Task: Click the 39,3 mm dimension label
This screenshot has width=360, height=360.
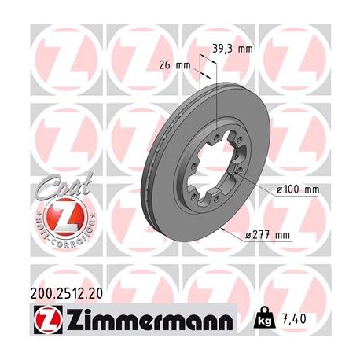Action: click(233, 49)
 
